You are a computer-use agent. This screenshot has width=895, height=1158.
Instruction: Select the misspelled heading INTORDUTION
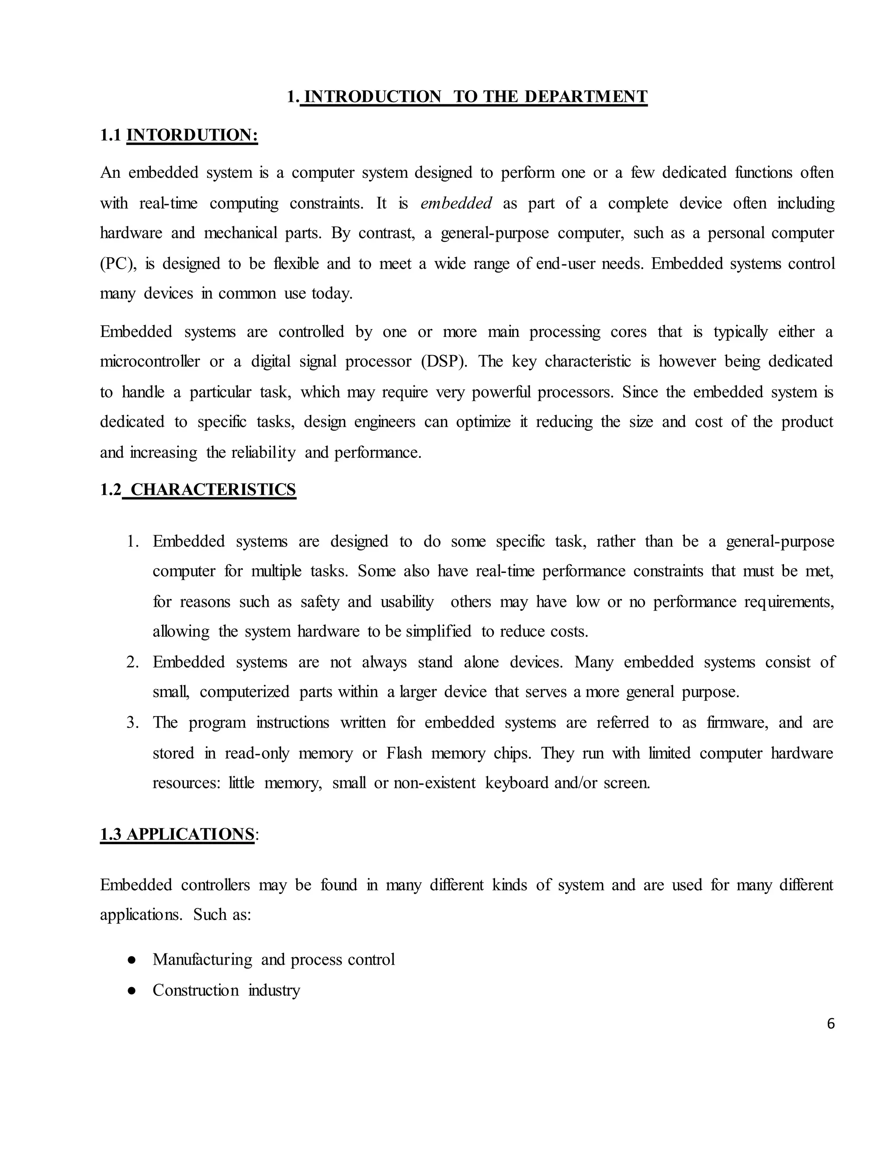(x=192, y=135)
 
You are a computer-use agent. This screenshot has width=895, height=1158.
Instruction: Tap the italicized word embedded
(x=456, y=203)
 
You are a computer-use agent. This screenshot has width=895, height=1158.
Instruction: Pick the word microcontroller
(x=150, y=362)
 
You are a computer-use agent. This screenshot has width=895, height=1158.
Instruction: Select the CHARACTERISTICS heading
(x=213, y=489)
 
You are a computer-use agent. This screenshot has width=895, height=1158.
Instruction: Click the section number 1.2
(x=110, y=489)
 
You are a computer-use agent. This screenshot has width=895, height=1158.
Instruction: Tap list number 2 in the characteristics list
(x=132, y=662)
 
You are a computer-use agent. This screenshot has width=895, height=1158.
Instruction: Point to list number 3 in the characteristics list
(x=132, y=723)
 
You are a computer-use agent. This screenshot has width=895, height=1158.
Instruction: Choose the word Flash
(x=404, y=753)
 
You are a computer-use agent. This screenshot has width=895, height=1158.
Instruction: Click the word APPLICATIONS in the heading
(x=191, y=835)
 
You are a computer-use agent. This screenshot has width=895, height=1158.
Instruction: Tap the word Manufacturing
(x=202, y=960)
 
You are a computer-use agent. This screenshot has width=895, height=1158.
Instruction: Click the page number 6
(x=830, y=1024)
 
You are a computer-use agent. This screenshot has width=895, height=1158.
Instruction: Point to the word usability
(x=407, y=602)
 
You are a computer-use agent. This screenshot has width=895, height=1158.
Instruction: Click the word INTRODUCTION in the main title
(x=372, y=97)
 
